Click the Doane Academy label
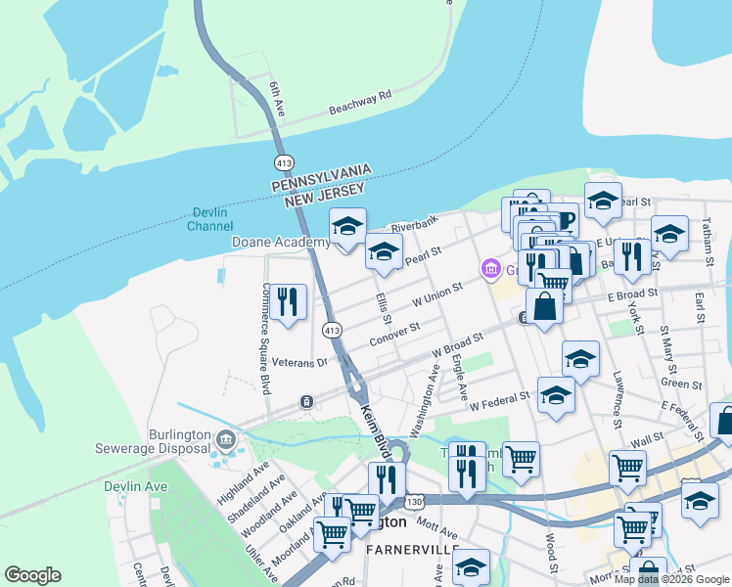tap(280, 242)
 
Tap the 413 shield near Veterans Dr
tap(333, 330)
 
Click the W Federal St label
tap(499, 402)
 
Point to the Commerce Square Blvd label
tap(265, 338)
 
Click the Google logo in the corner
tap(32, 575)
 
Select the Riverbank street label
tap(414, 225)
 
